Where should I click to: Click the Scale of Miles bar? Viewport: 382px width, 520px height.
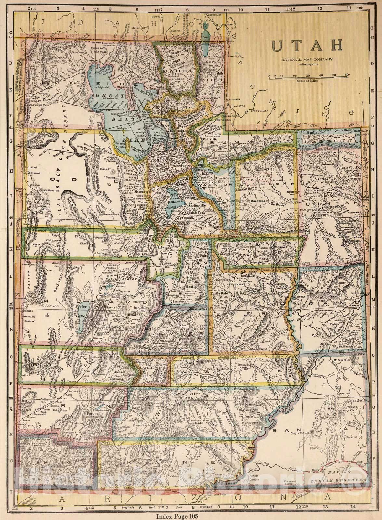click(308, 77)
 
